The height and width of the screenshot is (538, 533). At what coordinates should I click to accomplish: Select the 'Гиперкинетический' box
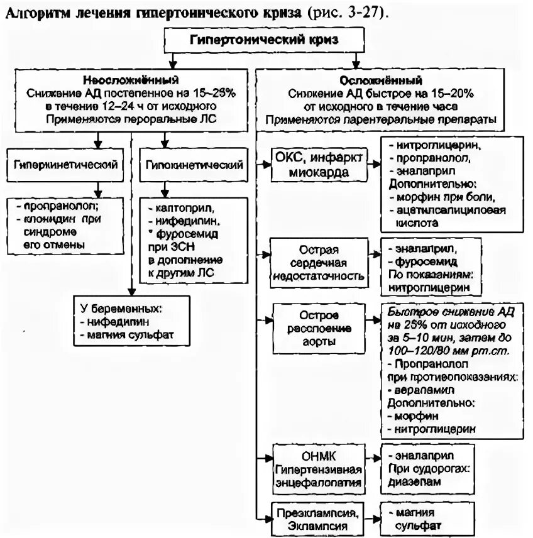tap(65, 165)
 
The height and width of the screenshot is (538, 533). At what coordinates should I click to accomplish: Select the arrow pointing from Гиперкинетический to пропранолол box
tap(97, 189)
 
